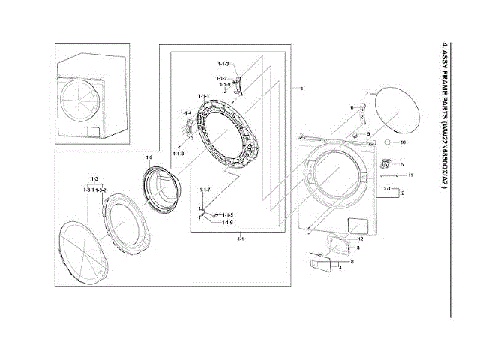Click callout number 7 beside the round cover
pyautogui.click(x=366, y=94)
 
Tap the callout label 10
pyautogui.click(x=403, y=142)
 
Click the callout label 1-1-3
pyautogui.click(x=223, y=64)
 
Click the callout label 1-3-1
pyautogui.click(x=88, y=191)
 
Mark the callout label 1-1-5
pyautogui.click(x=228, y=214)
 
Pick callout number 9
pyautogui.click(x=368, y=133)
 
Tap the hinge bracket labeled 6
pyautogui.click(x=359, y=116)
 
